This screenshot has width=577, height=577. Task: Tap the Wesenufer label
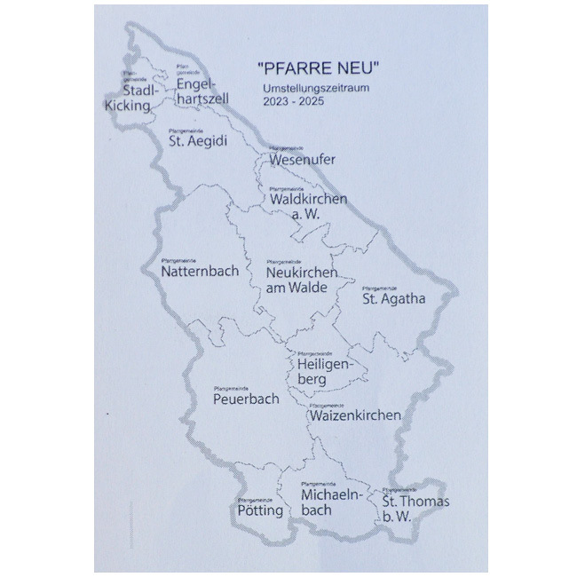pyautogui.click(x=299, y=161)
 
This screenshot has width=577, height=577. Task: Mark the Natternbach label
pyautogui.click(x=200, y=271)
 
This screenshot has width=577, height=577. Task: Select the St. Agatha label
pyautogui.click(x=393, y=298)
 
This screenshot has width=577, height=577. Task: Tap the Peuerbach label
pyautogui.click(x=246, y=399)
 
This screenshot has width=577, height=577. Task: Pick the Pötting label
pyautogui.click(x=260, y=511)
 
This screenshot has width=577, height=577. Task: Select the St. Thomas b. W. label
pyautogui.click(x=415, y=509)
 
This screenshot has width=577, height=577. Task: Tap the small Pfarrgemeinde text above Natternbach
pyautogui.click(x=178, y=258)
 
